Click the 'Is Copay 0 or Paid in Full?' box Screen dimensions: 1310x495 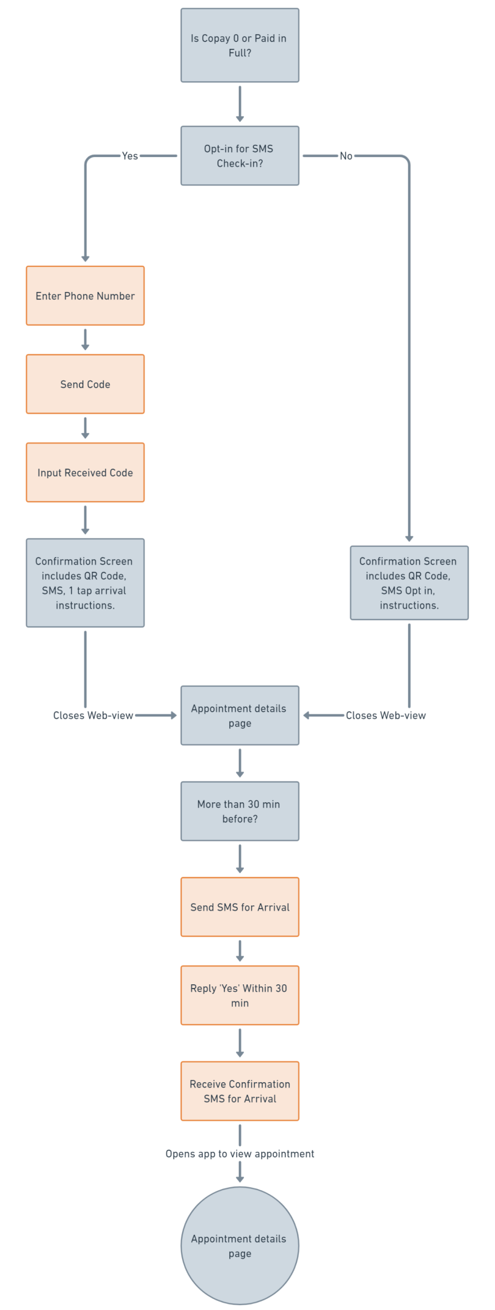[x=240, y=45]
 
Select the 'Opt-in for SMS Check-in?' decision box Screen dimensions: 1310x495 [x=240, y=156]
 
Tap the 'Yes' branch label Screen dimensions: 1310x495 [x=130, y=156]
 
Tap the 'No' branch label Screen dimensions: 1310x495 [x=346, y=156]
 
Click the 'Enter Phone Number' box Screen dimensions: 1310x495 [x=85, y=296]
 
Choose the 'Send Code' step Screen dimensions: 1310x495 [x=85, y=384]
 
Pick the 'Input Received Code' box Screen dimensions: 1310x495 [x=85, y=472]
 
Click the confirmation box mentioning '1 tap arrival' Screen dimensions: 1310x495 [x=85, y=583]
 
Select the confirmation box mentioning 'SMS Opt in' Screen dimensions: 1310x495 [x=409, y=583]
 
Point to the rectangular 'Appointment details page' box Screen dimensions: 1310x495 [x=240, y=715]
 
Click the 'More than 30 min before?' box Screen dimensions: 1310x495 [x=240, y=811]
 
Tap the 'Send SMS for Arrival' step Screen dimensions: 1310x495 [x=240, y=907]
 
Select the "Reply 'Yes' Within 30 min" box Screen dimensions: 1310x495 [x=240, y=995]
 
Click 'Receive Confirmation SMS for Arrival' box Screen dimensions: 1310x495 [x=240, y=1091]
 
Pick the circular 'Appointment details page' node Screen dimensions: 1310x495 [x=240, y=1246]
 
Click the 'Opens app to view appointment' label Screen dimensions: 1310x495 [x=240, y=1154]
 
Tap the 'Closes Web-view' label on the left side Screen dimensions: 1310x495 [x=93, y=715]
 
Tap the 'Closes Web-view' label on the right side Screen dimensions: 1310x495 [x=386, y=715]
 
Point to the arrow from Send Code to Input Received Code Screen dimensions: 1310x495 [x=85, y=428]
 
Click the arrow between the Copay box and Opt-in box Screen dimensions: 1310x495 [x=240, y=104]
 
